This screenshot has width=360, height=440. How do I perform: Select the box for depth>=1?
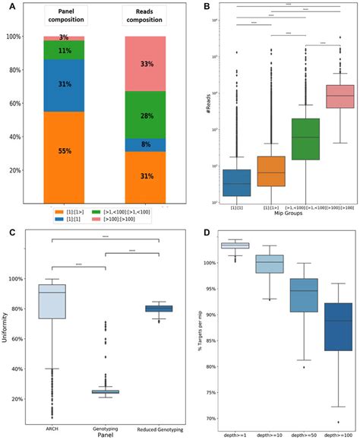[x=235, y=245]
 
